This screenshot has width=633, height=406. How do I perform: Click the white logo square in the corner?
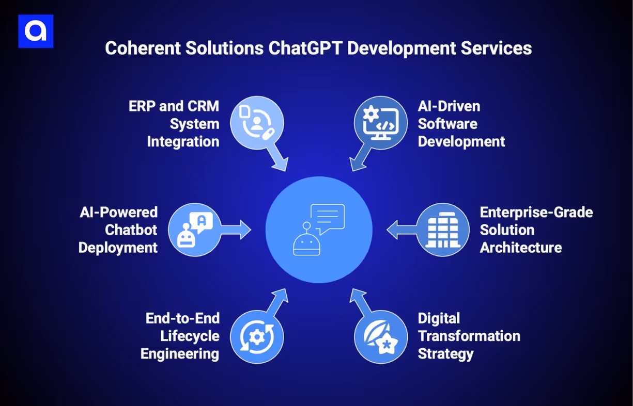[36, 31]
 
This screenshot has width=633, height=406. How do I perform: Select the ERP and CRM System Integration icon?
[256, 123]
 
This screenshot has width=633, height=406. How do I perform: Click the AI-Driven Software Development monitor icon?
[381, 123]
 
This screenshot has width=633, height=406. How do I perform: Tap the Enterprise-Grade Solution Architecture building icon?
[442, 230]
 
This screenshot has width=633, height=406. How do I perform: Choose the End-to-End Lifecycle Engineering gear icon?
[256, 336]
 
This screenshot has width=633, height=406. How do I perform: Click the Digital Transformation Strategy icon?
[381, 336]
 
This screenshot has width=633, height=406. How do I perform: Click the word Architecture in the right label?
[520, 248]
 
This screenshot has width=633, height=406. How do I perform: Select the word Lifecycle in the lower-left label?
[189, 336]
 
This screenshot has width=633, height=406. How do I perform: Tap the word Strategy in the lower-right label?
[445, 354]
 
